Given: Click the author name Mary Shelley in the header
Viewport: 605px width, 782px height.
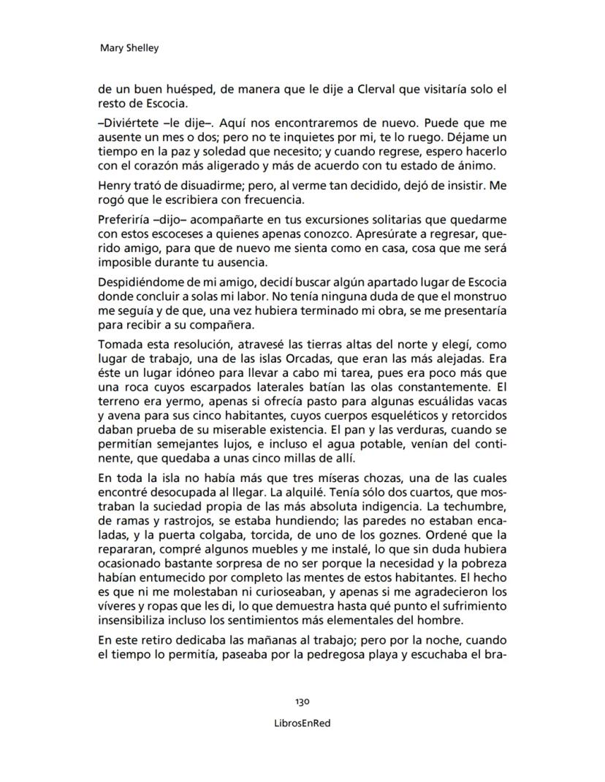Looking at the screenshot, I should [x=129, y=48].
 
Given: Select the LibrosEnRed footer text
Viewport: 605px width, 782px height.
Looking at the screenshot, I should [x=302, y=723].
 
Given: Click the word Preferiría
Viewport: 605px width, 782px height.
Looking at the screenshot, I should [x=125, y=219].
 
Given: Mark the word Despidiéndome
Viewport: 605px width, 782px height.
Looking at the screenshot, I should [x=138, y=283].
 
